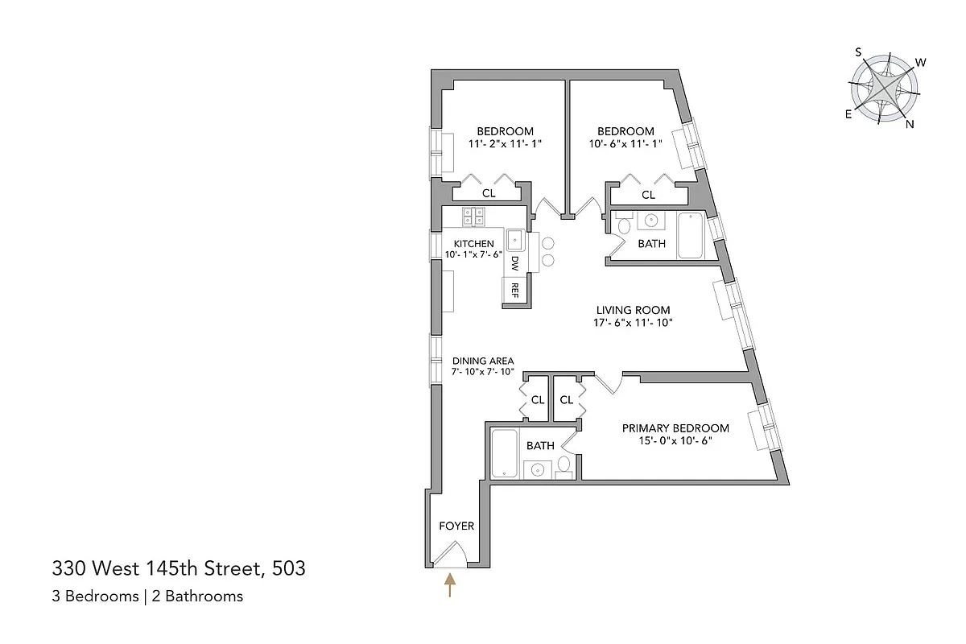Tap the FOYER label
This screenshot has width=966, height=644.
(x=456, y=526)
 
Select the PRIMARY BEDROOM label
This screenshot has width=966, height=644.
(x=675, y=428)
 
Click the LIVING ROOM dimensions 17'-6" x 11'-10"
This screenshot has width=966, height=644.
(x=632, y=323)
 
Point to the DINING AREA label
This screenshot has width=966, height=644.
(x=482, y=361)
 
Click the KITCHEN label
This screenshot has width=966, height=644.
(x=473, y=243)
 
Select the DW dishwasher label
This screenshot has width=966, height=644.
(x=515, y=262)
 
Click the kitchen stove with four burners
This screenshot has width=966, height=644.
(x=473, y=216)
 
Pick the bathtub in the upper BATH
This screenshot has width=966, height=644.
(x=691, y=236)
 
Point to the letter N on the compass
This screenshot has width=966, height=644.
(x=910, y=123)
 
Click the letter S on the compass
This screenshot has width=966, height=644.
(x=859, y=52)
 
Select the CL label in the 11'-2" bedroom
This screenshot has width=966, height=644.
(x=489, y=194)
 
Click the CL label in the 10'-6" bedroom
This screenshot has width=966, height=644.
(x=648, y=195)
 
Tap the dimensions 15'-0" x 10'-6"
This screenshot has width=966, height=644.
(x=675, y=441)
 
